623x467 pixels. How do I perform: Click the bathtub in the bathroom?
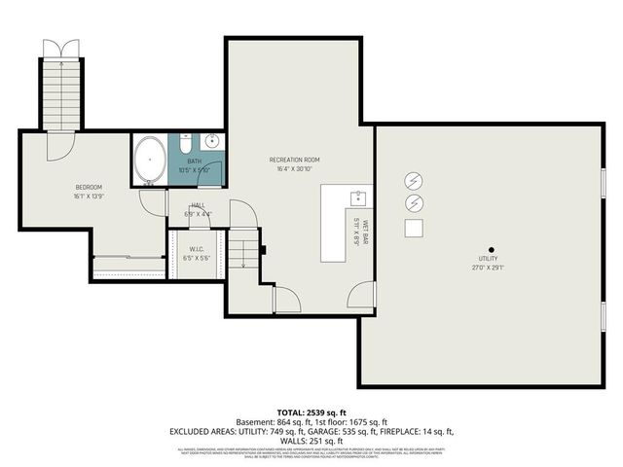150,161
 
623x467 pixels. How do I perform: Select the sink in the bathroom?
212,143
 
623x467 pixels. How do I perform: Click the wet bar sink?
357,198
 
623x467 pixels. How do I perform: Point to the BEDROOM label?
89,187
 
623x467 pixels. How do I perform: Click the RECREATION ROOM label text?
294,160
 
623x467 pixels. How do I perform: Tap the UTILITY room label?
492,260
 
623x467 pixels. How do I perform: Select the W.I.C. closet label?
201,249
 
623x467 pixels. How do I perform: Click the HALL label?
199,205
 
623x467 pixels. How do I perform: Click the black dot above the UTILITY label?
492,247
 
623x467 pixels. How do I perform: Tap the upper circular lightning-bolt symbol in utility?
414,181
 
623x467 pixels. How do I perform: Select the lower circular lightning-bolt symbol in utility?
414,203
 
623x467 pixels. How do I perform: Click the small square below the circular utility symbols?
414,228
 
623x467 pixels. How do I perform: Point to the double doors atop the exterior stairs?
60,50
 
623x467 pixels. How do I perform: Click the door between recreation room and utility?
362,295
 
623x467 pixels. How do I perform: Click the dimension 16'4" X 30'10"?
294,169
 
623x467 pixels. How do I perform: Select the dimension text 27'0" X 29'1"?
492,269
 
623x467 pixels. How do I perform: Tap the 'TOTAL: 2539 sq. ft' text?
311,413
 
